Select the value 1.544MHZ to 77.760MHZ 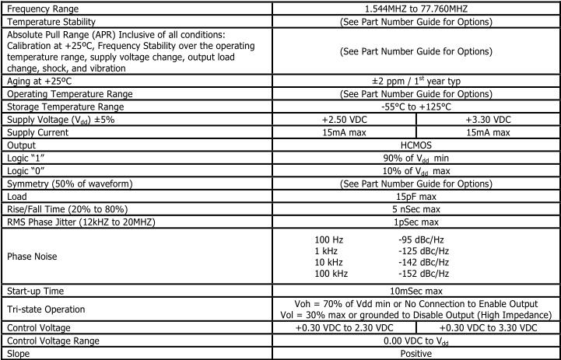coord(416,8)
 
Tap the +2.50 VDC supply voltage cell coord(345,120)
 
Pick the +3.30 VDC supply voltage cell coord(488,120)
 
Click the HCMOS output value coord(416,145)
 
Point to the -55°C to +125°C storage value coord(416,107)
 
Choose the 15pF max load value coord(416,196)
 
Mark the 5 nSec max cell coord(416,208)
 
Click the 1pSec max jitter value coord(416,222)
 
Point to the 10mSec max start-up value coord(416,290)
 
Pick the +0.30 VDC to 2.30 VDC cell coord(345,328)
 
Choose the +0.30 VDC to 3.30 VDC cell coord(488,328)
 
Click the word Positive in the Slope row coord(416,353)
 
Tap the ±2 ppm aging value coord(416,82)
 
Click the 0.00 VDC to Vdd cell coord(416,341)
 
